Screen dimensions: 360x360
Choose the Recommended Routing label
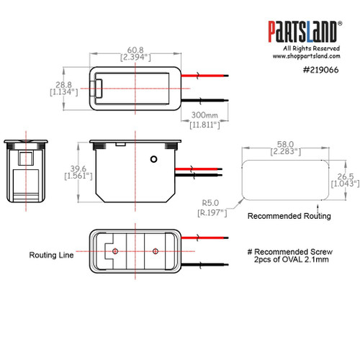[x=288, y=215]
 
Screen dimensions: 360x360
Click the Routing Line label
[x=51, y=255]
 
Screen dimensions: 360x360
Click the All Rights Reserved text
[x=305, y=48]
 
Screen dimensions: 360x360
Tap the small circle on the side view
[x=153, y=158]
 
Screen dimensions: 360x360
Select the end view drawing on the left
[x=24, y=171]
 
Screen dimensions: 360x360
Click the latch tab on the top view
[x=101, y=89]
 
